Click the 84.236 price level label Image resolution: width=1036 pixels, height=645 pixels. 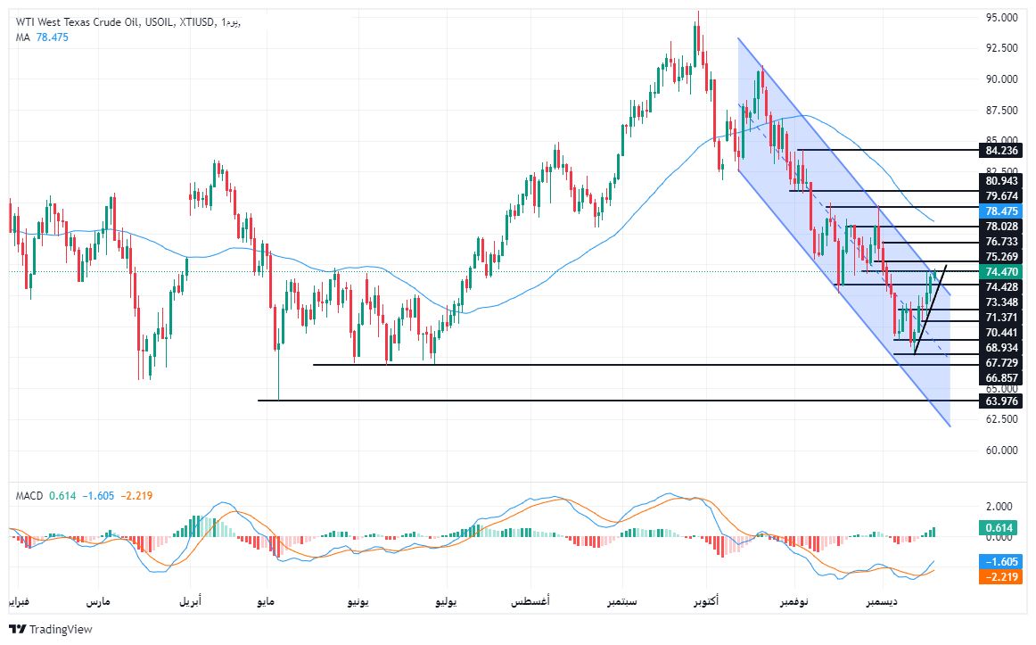[x=1002, y=150]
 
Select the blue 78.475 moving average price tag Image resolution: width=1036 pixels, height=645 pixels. [x=1002, y=211]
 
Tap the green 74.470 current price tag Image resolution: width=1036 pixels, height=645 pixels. [x=1002, y=271]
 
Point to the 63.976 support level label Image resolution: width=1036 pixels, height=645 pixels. [x=1002, y=401]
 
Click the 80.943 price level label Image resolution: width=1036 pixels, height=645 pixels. [x=1002, y=181]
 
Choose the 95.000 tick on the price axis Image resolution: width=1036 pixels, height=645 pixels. [x=1002, y=18]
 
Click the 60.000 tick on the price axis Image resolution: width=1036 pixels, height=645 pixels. [x=1002, y=451]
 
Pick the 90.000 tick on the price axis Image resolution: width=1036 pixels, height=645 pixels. [x=1002, y=79]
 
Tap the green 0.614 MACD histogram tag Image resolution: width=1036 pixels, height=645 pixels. [x=1002, y=528]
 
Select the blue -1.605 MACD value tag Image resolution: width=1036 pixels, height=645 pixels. [x=1002, y=562]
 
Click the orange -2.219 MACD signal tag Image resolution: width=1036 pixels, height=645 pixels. [x=1002, y=577]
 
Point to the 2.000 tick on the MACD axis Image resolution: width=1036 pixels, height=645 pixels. [x=999, y=507]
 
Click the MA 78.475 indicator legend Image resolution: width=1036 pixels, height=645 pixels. [x=42, y=37]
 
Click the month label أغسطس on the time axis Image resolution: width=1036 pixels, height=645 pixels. [x=530, y=602]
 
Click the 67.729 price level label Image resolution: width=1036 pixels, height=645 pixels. [x=1002, y=363]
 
